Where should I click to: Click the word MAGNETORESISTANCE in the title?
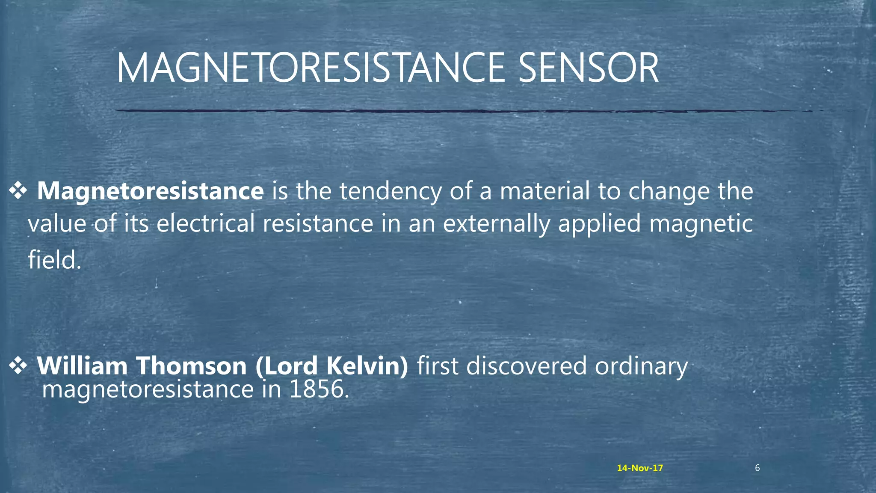pos(311,68)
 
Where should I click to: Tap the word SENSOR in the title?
pos(588,68)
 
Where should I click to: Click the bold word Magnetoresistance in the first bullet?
pos(150,191)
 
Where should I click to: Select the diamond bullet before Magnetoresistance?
pos(18,191)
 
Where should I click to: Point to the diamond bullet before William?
pos(18,366)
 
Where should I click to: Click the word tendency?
pos(390,192)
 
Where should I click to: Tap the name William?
pos(82,366)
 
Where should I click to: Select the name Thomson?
pos(191,366)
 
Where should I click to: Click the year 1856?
pos(319,389)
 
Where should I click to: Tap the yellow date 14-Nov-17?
pos(640,468)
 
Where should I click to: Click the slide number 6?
pos(757,468)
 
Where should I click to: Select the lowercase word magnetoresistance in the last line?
pos(148,390)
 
